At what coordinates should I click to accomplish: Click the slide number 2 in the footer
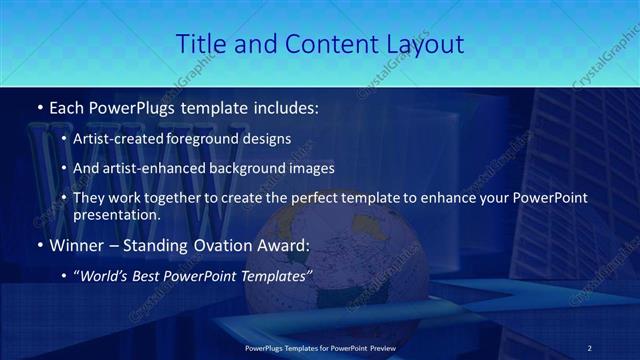[x=590, y=346]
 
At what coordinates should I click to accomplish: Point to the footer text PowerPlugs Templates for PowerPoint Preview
[x=319, y=346]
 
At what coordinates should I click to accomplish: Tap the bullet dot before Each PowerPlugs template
[x=39, y=104]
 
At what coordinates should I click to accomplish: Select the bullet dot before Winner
[x=39, y=244]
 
